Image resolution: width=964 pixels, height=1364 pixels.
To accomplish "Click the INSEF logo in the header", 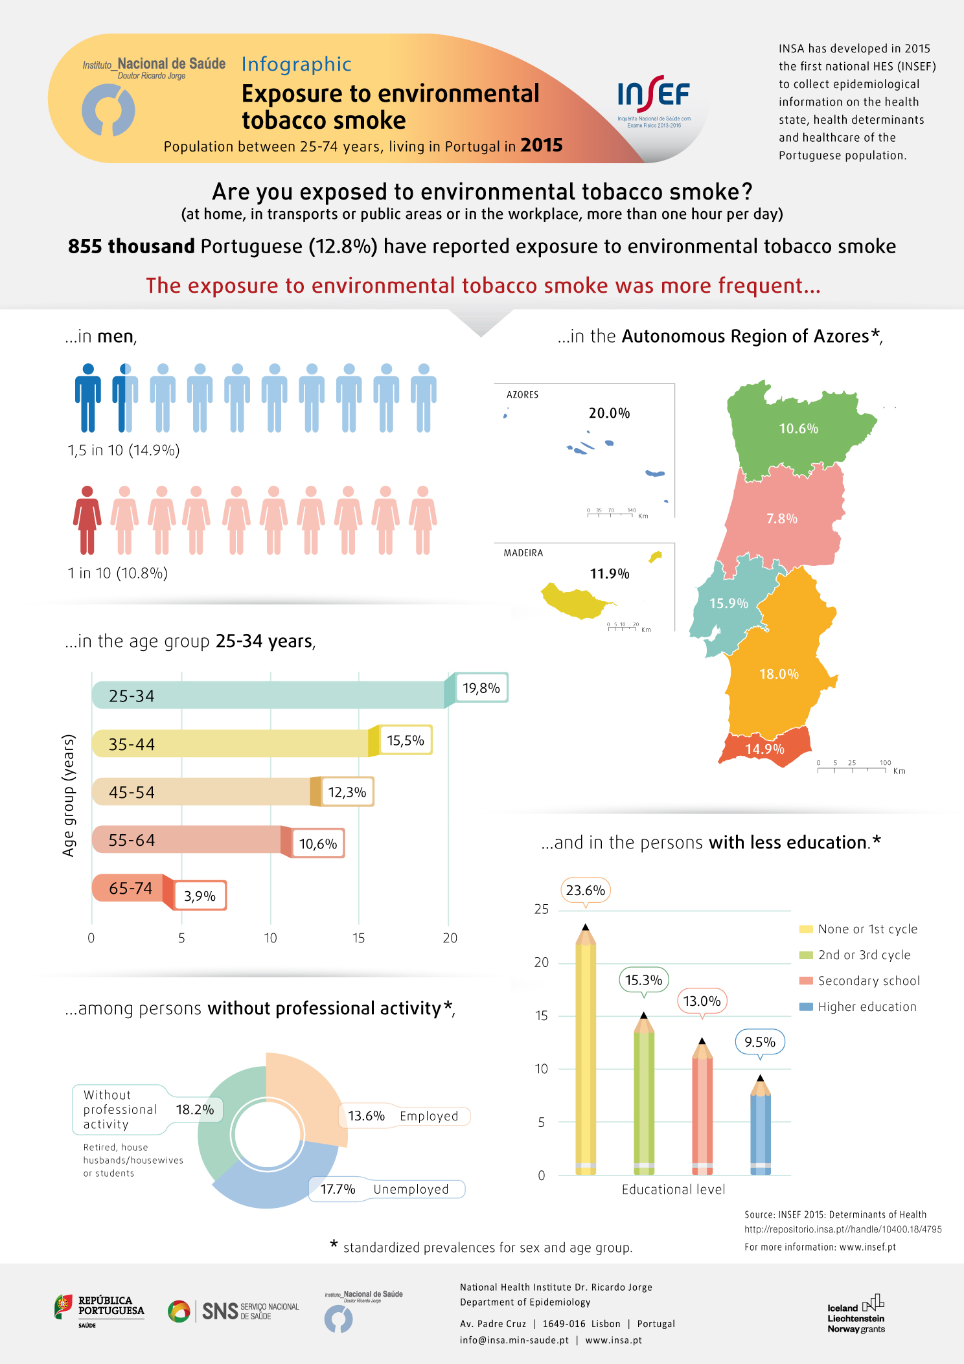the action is click(654, 101).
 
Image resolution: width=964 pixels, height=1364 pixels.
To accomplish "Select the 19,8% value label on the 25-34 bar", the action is click(481, 688).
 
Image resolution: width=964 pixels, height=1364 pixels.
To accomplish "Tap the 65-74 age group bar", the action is click(133, 888).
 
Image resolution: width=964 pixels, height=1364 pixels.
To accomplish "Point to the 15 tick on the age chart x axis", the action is click(359, 938).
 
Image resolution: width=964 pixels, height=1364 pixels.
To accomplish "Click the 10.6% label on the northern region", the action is click(798, 429).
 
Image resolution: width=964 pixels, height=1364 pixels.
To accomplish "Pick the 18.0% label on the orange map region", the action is click(779, 674).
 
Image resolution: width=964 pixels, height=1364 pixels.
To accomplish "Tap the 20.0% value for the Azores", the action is click(609, 413).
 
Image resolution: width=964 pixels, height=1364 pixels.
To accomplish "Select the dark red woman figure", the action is click(87, 520).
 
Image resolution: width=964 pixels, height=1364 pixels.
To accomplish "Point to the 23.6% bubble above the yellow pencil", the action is click(586, 891).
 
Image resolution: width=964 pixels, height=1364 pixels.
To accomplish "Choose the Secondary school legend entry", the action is click(860, 981).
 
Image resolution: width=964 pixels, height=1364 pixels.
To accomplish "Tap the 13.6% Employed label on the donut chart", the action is click(404, 1116).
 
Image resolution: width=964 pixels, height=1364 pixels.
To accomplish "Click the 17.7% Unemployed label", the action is click(386, 1189).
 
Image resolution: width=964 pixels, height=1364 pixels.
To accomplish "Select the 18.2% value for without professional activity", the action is click(195, 1109).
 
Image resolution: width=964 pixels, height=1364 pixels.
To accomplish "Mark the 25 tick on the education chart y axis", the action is click(542, 909).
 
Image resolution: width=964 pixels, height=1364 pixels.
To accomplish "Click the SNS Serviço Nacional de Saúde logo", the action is click(233, 1311).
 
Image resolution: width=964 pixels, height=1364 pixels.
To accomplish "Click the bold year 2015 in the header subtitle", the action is click(542, 145).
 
